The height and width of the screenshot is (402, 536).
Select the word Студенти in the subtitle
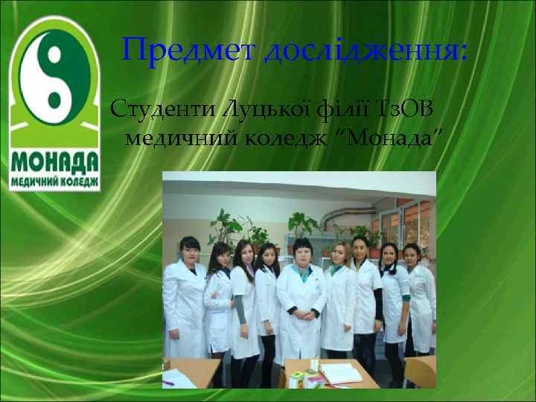(153, 112)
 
